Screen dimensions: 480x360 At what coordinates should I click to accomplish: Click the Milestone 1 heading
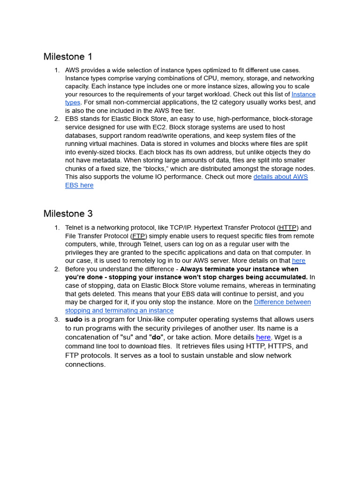click(68, 57)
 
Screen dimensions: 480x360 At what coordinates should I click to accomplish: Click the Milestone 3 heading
click(68, 214)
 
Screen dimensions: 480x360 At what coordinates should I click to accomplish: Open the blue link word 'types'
click(73, 102)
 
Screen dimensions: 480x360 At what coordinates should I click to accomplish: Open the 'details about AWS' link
click(280, 177)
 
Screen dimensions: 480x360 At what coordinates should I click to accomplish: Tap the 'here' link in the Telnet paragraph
click(298, 261)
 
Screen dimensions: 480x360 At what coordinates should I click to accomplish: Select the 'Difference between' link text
click(282, 302)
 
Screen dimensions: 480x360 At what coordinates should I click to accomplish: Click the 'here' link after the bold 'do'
click(263, 337)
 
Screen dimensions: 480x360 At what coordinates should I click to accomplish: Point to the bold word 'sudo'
click(74, 320)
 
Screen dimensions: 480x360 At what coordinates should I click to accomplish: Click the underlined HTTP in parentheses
click(288, 228)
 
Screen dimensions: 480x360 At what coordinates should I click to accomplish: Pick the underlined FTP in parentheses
click(139, 236)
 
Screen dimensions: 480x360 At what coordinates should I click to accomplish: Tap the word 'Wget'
click(281, 337)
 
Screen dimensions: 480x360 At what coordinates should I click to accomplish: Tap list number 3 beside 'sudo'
click(56, 320)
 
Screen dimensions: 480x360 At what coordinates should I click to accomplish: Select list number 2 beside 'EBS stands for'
click(56, 119)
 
